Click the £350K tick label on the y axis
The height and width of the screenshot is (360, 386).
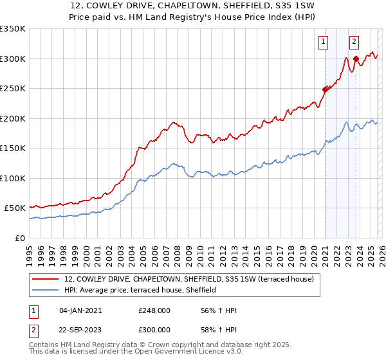coord(13,29)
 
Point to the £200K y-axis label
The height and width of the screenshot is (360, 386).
coord(13,118)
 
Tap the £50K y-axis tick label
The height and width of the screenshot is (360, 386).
coord(15,208)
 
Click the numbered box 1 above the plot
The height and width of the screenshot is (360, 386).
coord(323,42)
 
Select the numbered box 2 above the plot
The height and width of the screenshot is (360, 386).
coord(354,42)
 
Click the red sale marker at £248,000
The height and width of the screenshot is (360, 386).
coord(325,90)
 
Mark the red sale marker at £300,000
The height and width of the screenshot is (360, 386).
coord(356,59)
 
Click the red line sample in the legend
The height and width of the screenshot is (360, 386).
coord(46,279)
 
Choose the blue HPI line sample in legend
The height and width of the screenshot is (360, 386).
coord(46,290)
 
